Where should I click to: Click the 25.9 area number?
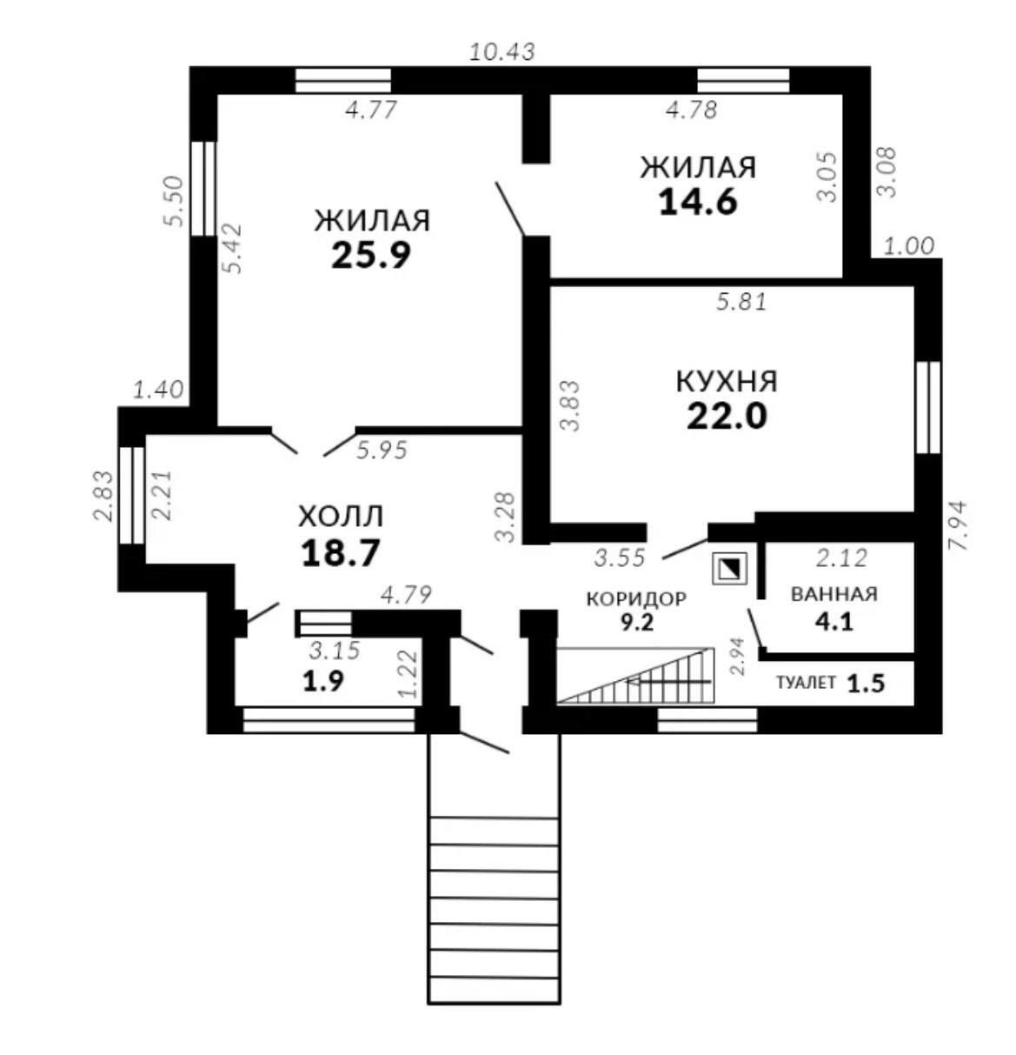[370, 254]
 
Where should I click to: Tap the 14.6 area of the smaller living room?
[698, 201]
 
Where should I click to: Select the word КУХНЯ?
[727, 382]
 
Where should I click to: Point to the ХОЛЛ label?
[340, 517]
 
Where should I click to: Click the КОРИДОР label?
[636, 598]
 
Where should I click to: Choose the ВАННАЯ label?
[833, 594]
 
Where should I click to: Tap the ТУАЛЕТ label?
[805, 683]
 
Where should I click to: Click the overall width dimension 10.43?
[501, 51]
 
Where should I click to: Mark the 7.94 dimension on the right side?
[959, 523]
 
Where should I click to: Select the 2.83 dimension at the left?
[103, 496]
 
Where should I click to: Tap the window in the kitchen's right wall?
[928, 406]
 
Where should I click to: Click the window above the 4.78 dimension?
[743, 80]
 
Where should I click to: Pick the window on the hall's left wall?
[132, 495]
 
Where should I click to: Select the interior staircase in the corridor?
[635, 675]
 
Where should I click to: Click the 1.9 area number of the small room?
[322, 681]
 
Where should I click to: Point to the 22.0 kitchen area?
[727, 417]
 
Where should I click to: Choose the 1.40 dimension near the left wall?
[158, 389]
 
